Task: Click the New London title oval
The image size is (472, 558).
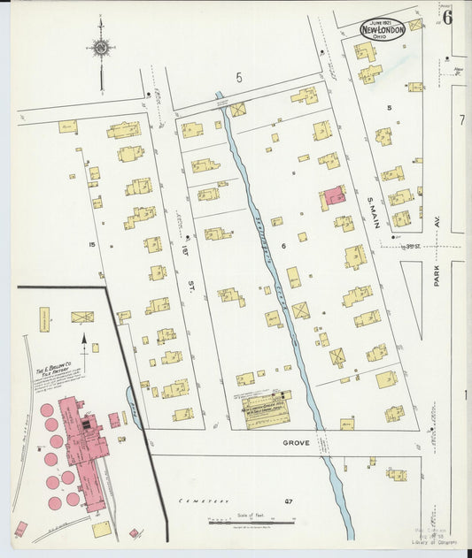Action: (x=383, y=28)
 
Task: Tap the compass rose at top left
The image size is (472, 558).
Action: (x=101, y=47)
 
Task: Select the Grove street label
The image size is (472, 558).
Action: (x=296, y=441)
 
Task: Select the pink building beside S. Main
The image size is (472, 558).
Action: (x=334, y=195)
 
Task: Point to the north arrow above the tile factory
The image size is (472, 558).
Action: (x=85, y=340)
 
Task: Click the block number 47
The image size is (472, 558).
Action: (x=288, y=502)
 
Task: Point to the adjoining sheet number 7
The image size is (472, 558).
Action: (x=461, y=118)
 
